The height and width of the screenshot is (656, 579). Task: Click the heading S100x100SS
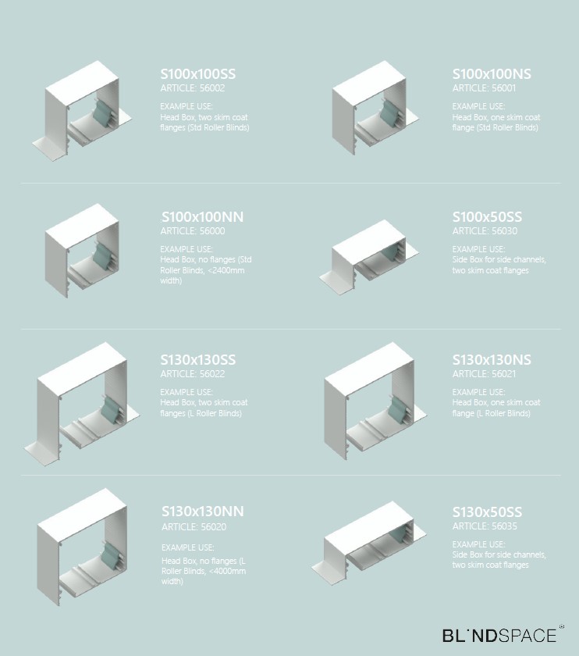click(x=197, y=74)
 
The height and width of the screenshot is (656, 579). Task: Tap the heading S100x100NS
click(x=492, y=74)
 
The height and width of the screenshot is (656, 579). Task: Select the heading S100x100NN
click(x=202, y=217)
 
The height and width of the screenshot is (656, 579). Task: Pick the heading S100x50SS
click(x=487, y=217)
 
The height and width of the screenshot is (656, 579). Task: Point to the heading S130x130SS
click(x=197, y=360)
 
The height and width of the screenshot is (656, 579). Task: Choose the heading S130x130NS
click(x=492, y=360)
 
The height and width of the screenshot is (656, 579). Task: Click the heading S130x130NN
click(x=202, y=512)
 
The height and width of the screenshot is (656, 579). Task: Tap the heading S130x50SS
click(x=487, y=512)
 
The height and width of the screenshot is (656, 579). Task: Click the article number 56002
click(x=212, y=88)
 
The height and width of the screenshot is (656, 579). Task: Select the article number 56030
click(x=504, y=231)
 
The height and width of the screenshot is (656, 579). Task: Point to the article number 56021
click(x=504, y=374)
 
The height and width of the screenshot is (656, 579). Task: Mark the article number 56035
click(x=504, y=526)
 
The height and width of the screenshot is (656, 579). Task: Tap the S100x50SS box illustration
click(x=369, y=257)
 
